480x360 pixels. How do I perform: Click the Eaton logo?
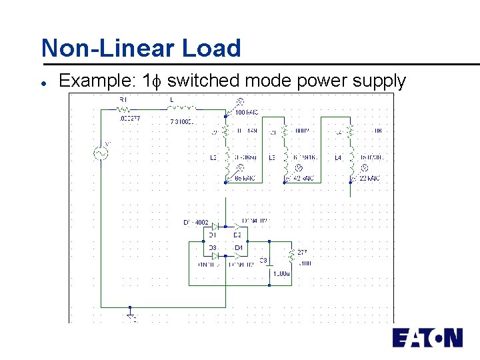click(x=427, y=337)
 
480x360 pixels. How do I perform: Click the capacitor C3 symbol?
click(x=269, y=263)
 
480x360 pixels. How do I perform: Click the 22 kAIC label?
click(x=369, y=179)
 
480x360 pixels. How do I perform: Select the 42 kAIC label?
click(x=304, y=179)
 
